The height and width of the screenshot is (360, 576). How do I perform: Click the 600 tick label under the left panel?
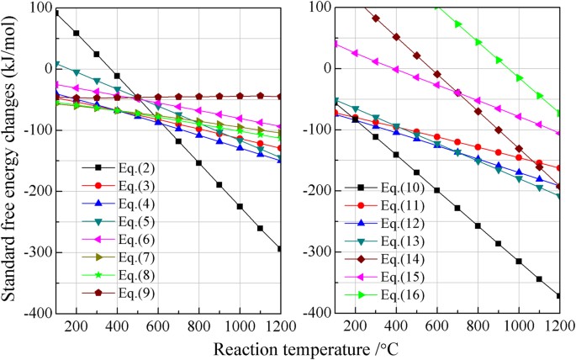tap(158, 326)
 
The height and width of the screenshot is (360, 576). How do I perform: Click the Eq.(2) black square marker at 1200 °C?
tap(280, 248)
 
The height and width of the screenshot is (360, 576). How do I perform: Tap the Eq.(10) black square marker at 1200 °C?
tap(559, 295)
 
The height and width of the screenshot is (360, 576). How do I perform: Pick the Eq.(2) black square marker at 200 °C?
tap(77, 33)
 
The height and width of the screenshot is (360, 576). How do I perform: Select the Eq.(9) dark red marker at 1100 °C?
tap(260, 96)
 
